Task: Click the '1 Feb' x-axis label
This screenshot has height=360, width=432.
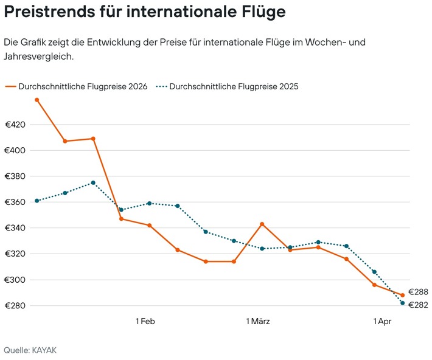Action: pyautogui.click(x=145, y=321)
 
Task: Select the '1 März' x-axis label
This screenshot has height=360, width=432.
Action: pyautogui.click(x=258, y=321)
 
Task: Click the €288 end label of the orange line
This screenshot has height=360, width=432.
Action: pyautogui.click(x=418, y=292)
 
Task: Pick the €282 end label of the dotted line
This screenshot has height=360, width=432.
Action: pyautogui.click(x=418, y=305)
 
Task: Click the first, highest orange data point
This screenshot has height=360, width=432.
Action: pyautogui.click(x=37, y=100)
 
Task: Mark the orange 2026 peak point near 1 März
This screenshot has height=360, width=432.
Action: pyautogui.click(x=262, y=224)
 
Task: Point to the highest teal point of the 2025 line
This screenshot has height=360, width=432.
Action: pyautogui.click(x=93, y=182)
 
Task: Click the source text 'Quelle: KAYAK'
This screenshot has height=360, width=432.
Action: pyautogui.click(x=30, y=350)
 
